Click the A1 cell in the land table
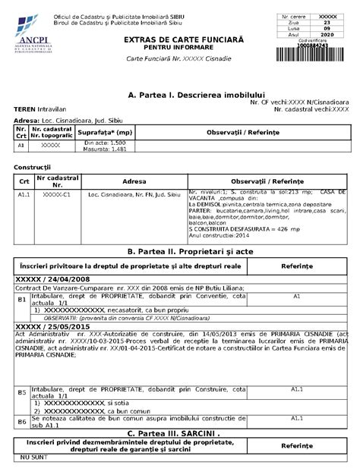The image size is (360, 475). pos(21,144)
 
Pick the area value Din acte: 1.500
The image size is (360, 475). pos(105,142)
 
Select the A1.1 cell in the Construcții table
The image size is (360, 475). pos(24,195)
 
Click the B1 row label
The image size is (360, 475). pos(22,299)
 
